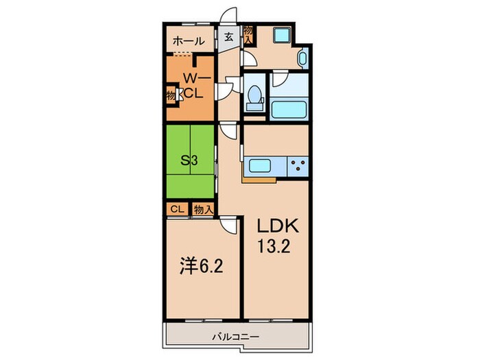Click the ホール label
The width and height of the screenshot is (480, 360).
click(189, 41)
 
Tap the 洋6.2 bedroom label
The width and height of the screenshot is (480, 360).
click(198, 264)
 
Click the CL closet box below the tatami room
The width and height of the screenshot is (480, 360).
click(176, 208)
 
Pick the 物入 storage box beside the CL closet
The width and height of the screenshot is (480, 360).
click(202, 208)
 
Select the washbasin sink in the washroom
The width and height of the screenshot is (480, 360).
click(303, 59)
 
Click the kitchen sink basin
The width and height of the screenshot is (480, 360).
click(262, 165)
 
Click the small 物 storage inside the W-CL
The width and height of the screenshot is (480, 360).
click(169, 94)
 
